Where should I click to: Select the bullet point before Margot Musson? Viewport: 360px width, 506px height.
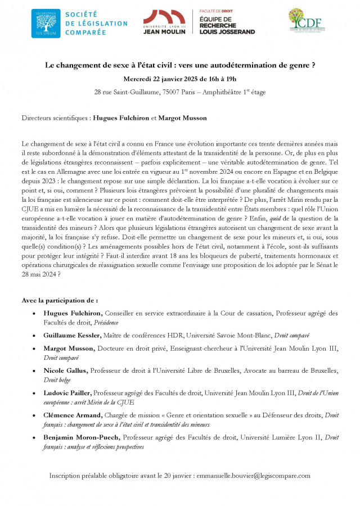click(x=37, y=349)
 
